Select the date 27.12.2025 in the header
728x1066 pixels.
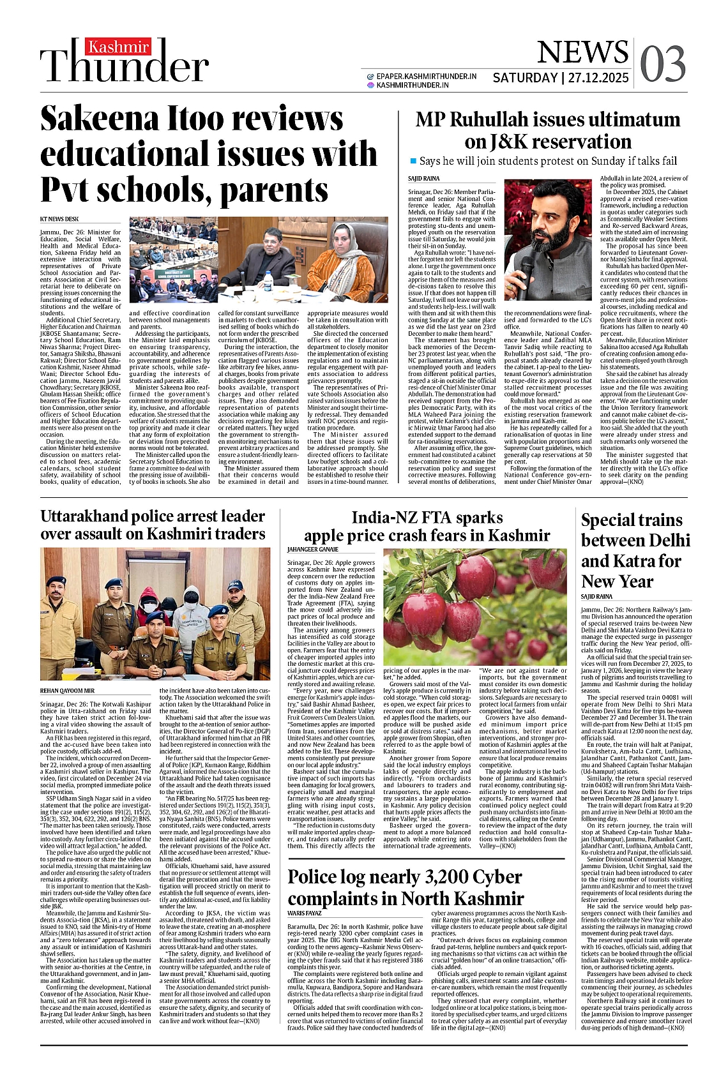point(599,78)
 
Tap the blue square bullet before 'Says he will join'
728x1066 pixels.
point(413,161)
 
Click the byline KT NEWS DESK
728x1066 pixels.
point(59,220)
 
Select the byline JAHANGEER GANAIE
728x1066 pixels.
point(313,549)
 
